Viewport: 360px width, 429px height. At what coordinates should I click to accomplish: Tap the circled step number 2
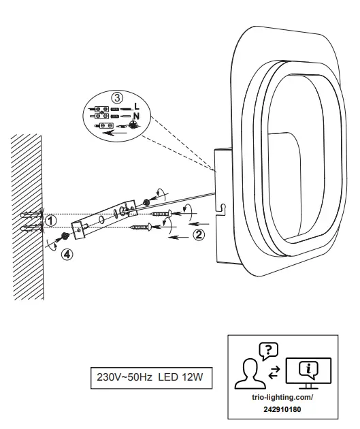[x=198, y=235]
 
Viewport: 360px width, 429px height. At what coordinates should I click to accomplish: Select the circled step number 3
[x=119, y=97]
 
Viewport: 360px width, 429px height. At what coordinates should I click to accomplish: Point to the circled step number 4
[x=66, y=255]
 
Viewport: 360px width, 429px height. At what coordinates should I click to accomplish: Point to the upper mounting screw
[x=160, y=214]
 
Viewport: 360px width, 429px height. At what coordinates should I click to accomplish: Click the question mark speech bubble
[x=269, y=351]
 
